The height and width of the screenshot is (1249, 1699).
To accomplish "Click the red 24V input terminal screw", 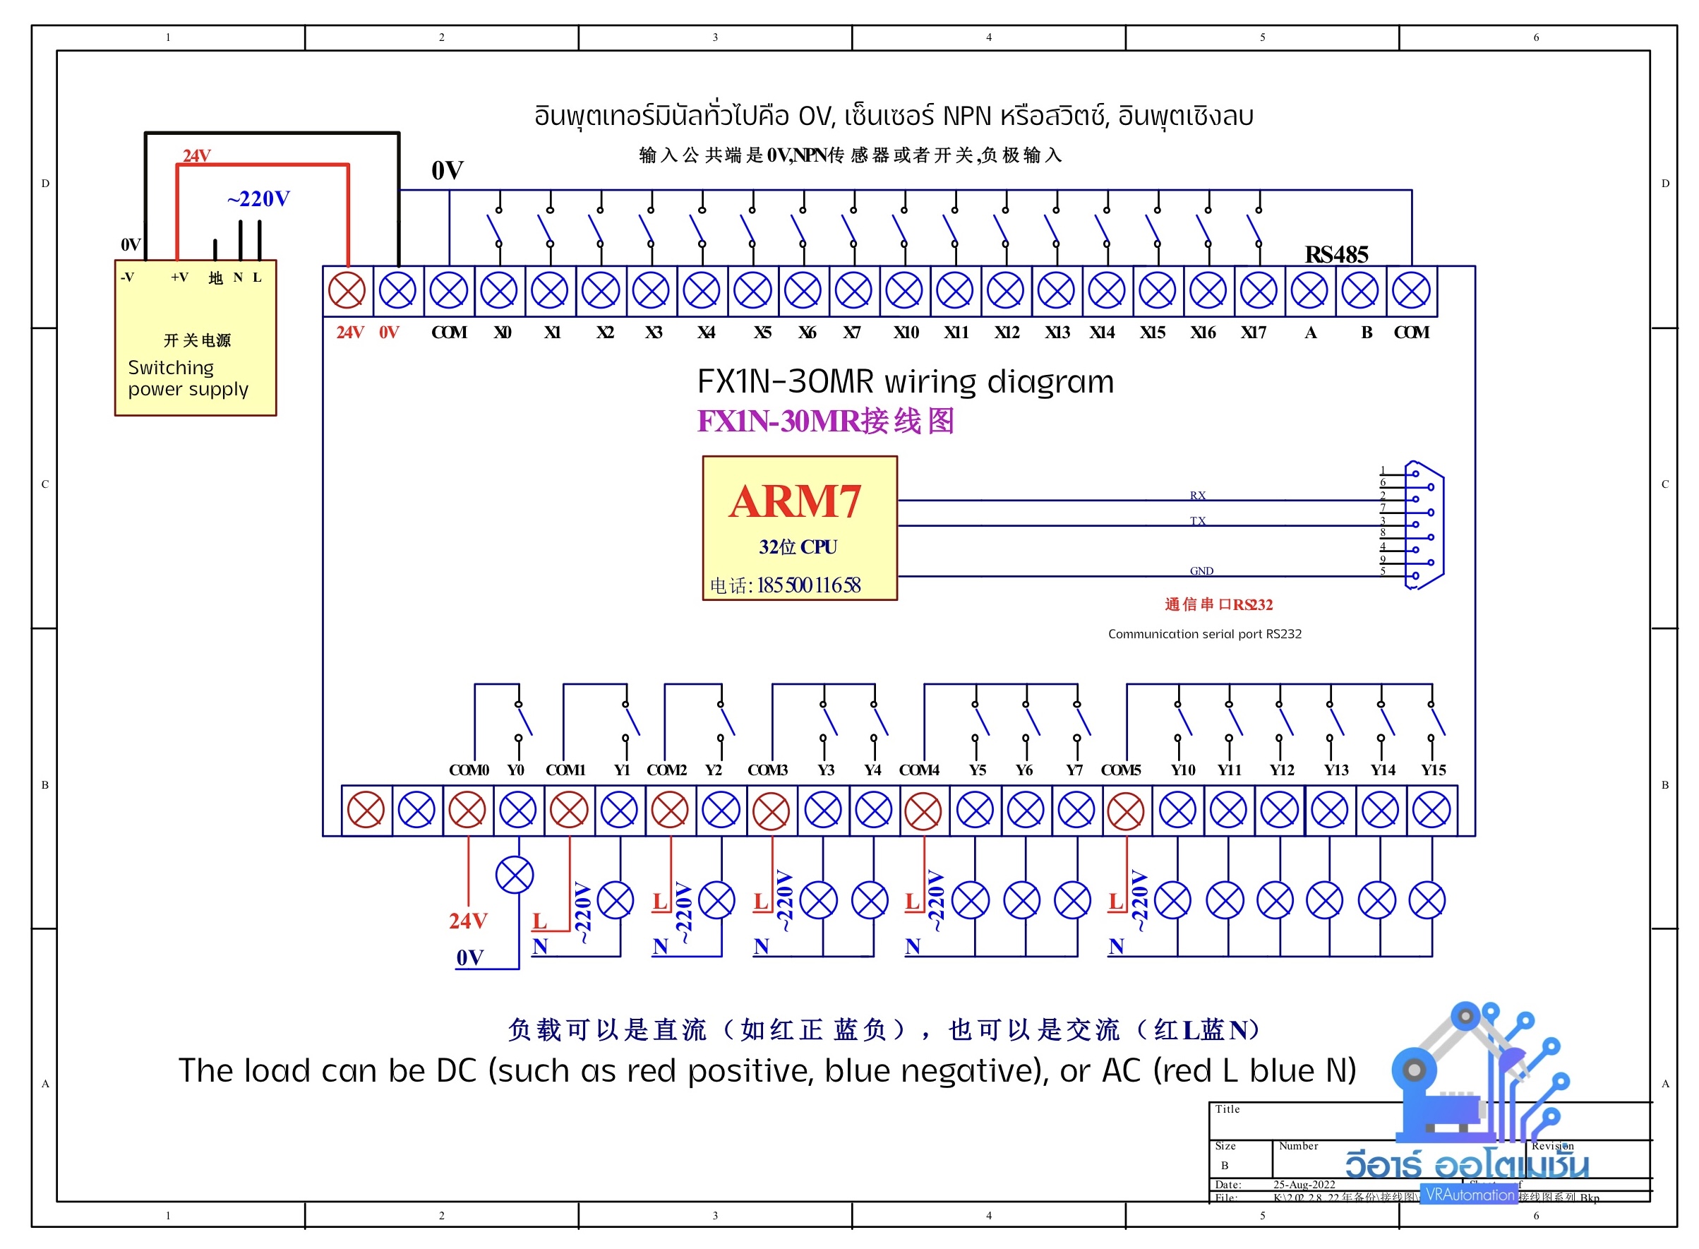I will click(346, 290).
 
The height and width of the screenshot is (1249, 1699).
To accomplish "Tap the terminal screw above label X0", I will click(499, 290).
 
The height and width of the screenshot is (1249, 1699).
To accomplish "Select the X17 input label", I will click(1252, 333).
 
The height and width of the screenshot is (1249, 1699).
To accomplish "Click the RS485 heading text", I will click(1335, 255).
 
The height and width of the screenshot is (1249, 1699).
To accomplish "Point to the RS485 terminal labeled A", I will click(1309, 290).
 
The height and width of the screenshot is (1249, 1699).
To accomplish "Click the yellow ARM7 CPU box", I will click(799, 527).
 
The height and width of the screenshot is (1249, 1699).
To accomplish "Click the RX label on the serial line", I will click(1197, 495).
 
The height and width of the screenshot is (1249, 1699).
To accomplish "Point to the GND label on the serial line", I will click(1201, 570).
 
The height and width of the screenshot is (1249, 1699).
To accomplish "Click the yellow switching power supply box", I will click(195, 338).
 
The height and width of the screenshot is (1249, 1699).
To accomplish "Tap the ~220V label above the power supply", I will click(258, 199).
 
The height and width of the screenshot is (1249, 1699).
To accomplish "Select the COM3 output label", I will click(767, 770).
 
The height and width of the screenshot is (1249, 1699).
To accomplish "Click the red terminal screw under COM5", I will click(1124, 811).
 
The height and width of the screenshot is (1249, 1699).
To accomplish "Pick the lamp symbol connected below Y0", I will click(515, 875).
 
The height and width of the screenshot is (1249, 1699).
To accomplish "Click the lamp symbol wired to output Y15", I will click(1427, 900).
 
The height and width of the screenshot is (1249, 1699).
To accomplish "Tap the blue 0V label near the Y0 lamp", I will click(469, 958).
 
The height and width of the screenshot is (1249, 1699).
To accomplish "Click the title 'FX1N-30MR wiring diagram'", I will click(905, 382).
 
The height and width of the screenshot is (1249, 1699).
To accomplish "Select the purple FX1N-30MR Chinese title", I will click(825, 421).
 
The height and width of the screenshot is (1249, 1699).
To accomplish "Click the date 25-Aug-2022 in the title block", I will click(1304, 1184).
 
